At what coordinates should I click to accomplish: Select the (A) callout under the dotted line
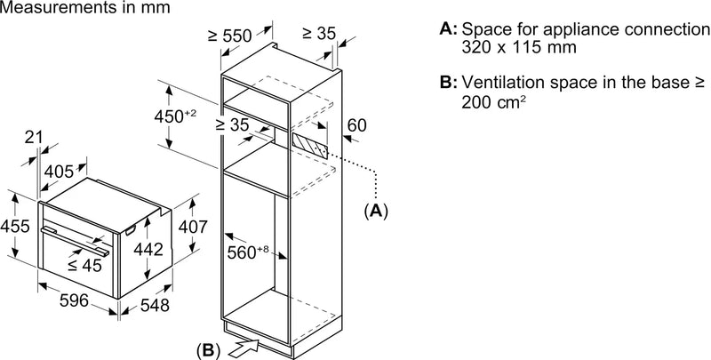[x=377, y=211]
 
